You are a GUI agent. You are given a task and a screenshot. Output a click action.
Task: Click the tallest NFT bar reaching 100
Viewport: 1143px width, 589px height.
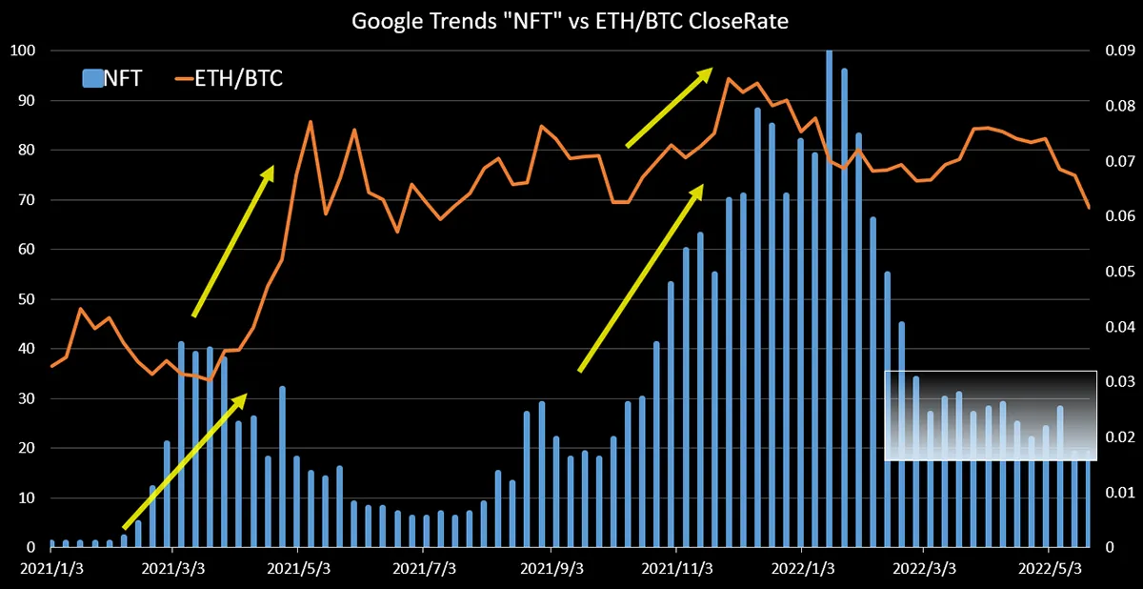(x=830, y=298)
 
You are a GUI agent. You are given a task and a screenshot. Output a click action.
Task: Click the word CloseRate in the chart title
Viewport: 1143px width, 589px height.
(x=738, y=21)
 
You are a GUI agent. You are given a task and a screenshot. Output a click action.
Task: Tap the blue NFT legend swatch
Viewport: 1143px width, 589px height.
(x=92, y=78)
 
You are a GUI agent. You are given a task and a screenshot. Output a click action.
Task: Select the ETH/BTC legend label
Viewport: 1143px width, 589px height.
(x=238, y=78)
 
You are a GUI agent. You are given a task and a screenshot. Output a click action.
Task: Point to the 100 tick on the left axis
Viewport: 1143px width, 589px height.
(x=23, y=51)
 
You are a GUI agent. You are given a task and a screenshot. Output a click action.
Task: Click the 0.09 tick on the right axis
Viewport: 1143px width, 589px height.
(x=1120, y=51)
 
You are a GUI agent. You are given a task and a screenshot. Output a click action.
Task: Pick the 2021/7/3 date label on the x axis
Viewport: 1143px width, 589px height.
(x=424, y=569)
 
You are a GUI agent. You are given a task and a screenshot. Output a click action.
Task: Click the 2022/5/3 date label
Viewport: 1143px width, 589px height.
(x=1050, y=569)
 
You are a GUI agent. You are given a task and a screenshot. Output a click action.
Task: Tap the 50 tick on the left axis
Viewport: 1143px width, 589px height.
(x=27, y=299)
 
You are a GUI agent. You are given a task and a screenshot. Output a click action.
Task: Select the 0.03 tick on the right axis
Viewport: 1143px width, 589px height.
(x=1120, y=382)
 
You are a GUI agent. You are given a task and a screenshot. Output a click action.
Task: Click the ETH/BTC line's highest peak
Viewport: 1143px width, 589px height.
(x=728, y=78)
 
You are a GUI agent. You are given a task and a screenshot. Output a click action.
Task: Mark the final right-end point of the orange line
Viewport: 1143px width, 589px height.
(x=1089, y=207)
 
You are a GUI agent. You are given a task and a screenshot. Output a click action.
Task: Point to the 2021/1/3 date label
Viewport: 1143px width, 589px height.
(x=51, y=569)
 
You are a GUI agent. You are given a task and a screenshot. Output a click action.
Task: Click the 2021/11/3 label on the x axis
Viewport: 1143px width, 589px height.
(x=676, y=569)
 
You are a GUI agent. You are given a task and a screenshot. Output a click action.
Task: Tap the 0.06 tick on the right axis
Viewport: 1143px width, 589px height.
(x=1120, y=216)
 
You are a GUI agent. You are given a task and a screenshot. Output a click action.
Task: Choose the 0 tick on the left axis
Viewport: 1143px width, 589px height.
(x=31, y=548)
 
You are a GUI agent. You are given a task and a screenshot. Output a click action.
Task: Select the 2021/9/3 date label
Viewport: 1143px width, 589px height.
(x=551, y=569)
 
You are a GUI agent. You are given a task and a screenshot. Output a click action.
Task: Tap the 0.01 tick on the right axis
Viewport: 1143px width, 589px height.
(x=1120, y=493)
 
